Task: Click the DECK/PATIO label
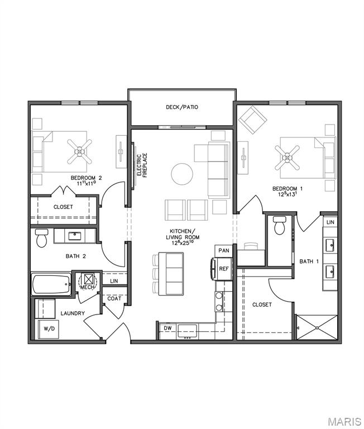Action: [182, 107]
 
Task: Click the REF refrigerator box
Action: [223, 269]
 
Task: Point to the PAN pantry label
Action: [223, 251]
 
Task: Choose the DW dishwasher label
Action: [167, 328]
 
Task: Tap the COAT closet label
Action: [114, 298]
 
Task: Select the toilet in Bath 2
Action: [41, 239]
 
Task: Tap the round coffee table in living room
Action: [183, 174]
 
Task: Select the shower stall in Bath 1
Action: [317, 327]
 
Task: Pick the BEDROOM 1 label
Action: [288, 191]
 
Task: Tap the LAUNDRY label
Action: [73, 313]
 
